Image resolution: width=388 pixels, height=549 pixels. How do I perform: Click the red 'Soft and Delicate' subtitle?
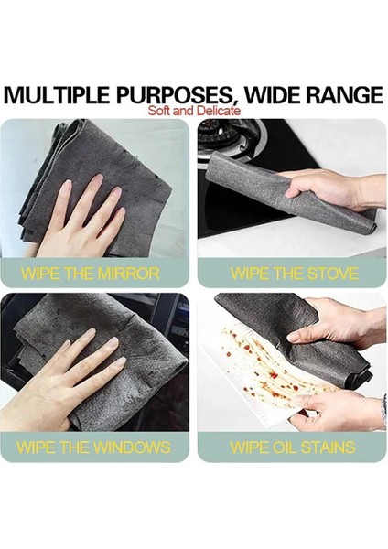pyautogui.click(x=193, y=110)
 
